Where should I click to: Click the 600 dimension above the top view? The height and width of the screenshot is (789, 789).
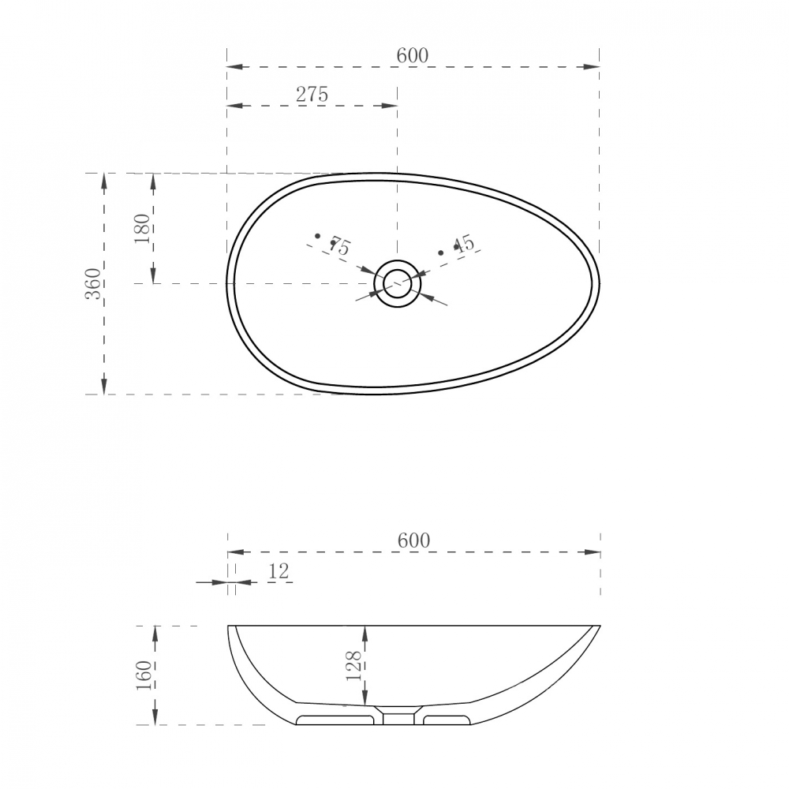click(412, 55)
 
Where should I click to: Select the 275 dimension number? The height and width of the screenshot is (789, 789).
click(312, 95)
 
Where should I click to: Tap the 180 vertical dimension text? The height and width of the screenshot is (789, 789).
click(142, 229)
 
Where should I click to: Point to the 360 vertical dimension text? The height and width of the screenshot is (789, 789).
click(93, 284)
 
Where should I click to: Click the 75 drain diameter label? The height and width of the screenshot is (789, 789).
click(339, 246)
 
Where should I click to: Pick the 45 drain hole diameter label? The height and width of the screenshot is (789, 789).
click(464, 244)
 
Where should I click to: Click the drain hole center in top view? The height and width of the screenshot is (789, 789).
click(398, 284)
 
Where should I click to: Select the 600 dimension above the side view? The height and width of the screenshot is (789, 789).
click(413, 541)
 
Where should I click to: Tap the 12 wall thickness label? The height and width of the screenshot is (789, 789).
click(279, 571)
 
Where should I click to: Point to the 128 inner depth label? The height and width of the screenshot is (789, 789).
click(354, 666)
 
